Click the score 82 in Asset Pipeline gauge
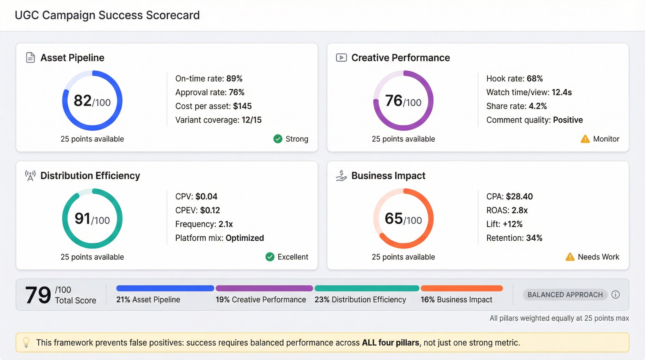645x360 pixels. pos(83,101)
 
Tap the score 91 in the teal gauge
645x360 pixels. pos(83,219)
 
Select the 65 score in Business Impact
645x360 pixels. pos(393,219)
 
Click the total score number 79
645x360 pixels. pos(38,295)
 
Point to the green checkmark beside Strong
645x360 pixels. pos(278,139)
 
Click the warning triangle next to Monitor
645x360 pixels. pos(585,139)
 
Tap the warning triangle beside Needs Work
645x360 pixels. pos(570,257)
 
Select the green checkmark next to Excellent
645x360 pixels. pos(270,257)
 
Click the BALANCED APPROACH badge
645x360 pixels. pos(565,295)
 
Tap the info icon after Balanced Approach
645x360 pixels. pos(615,295)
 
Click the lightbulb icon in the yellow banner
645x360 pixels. pos(26,342)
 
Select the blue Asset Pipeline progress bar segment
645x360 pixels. pos(165,288)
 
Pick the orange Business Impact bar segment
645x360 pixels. pos(461,288)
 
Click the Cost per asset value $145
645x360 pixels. pos(242,106)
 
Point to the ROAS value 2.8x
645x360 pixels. pos(520,210)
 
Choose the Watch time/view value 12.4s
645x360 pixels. pos(561,92)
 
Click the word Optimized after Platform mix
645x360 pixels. pos(244,238)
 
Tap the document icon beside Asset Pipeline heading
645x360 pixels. pos(30,58)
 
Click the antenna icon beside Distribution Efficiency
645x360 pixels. pos(30,176)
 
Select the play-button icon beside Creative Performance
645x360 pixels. pos(341,58)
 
